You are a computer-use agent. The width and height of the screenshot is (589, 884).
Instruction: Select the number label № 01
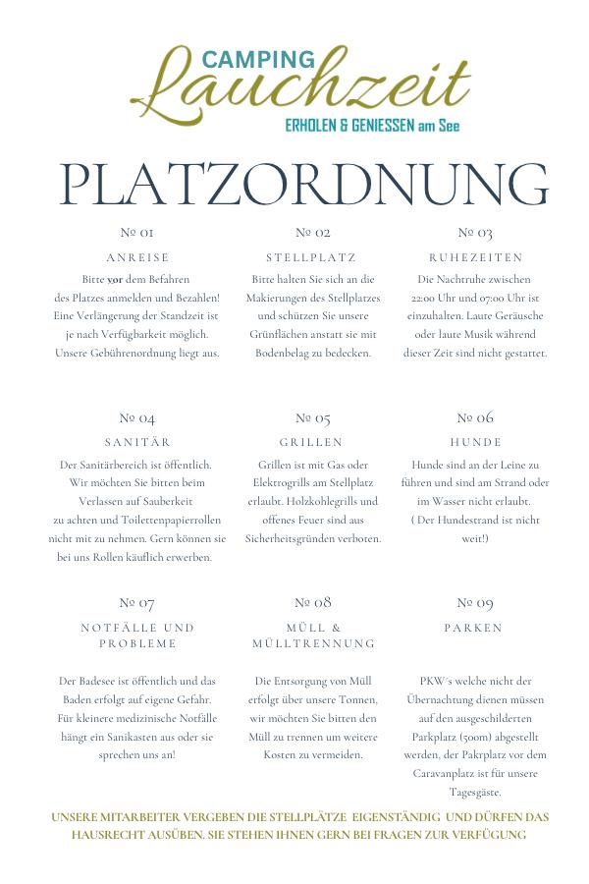(136, 233)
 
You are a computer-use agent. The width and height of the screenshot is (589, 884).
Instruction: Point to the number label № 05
(311, 417)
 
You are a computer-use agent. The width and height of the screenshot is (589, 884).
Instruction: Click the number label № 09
(474, 602)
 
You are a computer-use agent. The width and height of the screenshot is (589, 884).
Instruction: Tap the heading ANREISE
(137, 257)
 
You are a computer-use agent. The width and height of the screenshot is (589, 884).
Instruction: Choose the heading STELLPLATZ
(311, 257)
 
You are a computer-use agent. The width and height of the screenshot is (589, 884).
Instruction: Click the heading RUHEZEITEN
(475, 257)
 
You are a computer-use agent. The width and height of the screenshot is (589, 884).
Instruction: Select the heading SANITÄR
(137, 442)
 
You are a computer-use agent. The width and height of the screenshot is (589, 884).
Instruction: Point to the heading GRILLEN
(311, 442)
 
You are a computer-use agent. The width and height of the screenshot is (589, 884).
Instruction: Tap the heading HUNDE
(475, 442)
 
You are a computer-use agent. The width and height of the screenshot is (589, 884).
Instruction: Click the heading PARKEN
(473, 627)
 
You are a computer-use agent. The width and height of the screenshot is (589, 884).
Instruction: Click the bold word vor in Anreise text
(116, 279)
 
